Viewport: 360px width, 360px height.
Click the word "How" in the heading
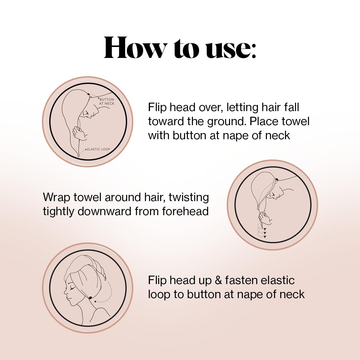tap(135, 48)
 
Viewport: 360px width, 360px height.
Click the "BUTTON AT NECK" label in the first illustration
tap(107, 102)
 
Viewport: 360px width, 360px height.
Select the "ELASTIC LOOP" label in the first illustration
tap(98, 149)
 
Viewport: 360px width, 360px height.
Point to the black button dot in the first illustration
tap(89, 94)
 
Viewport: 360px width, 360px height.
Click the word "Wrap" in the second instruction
tap(57, 197)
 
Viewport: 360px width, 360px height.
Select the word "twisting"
tap(189, 197)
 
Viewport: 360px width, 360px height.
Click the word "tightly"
tap(58, 211)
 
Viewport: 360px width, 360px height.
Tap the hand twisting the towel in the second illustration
tap(265, 218)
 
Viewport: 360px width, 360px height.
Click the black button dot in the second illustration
tap(277, 179)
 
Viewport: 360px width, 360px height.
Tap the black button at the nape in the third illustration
tap(91, 298)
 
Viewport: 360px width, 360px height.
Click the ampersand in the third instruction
tap(218, 280)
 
